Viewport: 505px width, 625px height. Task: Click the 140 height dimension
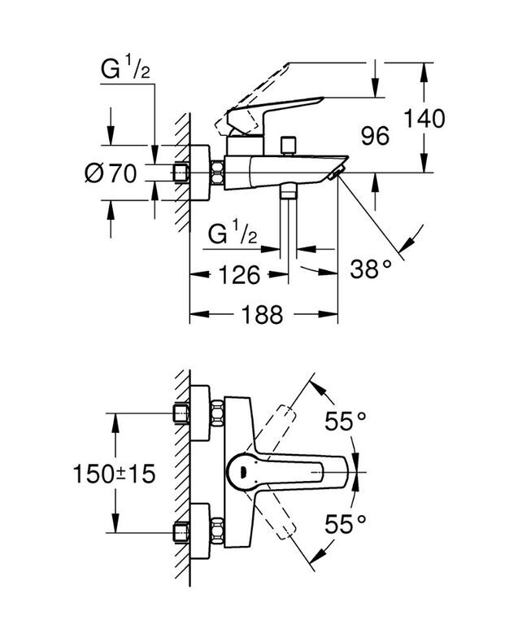pos(424,118)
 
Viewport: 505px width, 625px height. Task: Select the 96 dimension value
pos(375,136)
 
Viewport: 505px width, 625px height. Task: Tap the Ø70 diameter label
pos(111,173)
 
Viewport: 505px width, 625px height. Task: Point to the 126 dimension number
pos(239,274)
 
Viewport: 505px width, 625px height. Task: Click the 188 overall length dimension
pos(263,314)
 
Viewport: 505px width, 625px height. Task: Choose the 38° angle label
pos(371,269)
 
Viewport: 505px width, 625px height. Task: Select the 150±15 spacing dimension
pos(114,474)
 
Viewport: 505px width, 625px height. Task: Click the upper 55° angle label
pos(346,422)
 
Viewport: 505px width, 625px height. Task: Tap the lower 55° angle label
pos(346,523)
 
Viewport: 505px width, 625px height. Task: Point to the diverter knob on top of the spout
pos(288,146)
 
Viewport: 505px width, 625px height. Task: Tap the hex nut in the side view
pos(217,173)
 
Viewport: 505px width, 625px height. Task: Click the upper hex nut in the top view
pos(218,413)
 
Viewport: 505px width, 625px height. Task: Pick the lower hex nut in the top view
pos(218,531)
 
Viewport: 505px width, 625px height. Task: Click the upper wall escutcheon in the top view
pos(200,413)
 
